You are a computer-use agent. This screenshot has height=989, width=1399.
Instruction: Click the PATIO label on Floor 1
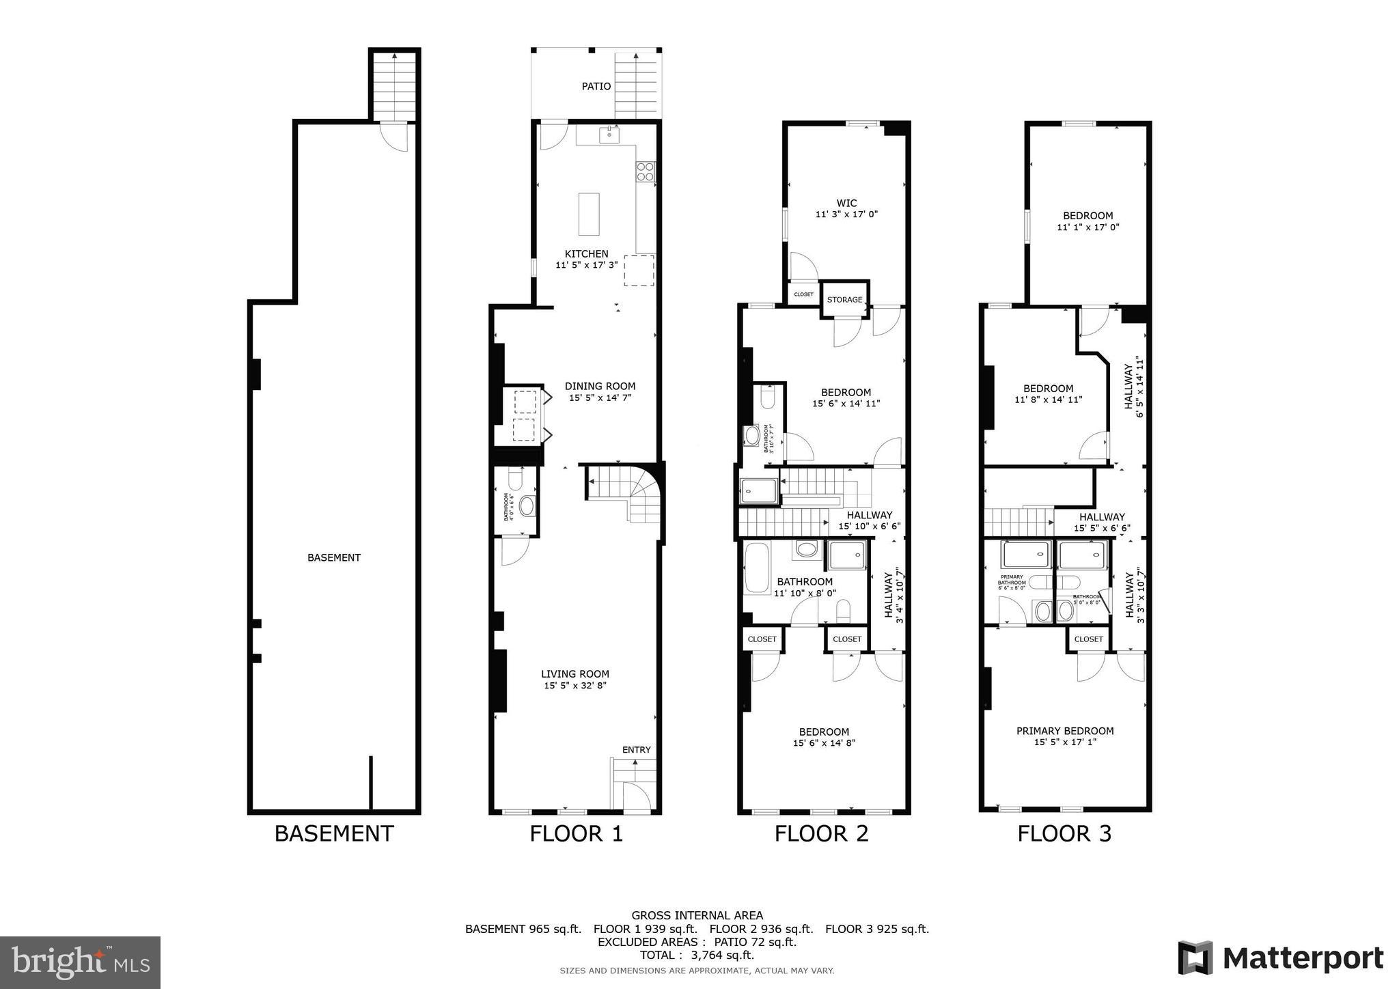point(596,87)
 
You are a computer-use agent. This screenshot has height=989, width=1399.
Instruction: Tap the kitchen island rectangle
point(589,213)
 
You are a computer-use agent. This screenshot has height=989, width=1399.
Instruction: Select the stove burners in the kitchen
point(646,171)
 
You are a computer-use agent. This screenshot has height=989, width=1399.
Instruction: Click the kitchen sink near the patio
point(609,135)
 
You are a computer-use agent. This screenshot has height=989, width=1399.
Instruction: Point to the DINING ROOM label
point(600,386)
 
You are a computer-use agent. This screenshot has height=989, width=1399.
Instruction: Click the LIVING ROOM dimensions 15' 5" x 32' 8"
point(575,685)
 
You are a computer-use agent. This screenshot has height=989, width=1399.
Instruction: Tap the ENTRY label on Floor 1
point(636,749)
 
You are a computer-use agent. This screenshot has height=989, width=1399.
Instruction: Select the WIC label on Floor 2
point(846,203)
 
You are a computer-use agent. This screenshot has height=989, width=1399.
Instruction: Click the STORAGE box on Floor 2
point(844,299)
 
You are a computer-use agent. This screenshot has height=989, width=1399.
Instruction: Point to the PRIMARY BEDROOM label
point(1064,731)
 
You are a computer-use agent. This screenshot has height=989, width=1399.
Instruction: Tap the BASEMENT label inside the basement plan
point(333,557)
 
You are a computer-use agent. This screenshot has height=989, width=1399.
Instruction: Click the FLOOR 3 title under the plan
point(1064,833)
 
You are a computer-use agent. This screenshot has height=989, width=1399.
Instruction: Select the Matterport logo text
point(1302,958)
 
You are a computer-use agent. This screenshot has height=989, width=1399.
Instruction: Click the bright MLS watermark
point(80,962)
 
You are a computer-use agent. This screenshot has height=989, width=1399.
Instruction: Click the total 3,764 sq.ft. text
point(697,955)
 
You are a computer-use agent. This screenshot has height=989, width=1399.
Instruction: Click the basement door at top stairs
point(394,136)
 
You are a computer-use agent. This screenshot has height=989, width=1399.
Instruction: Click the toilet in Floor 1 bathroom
point(515,481)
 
